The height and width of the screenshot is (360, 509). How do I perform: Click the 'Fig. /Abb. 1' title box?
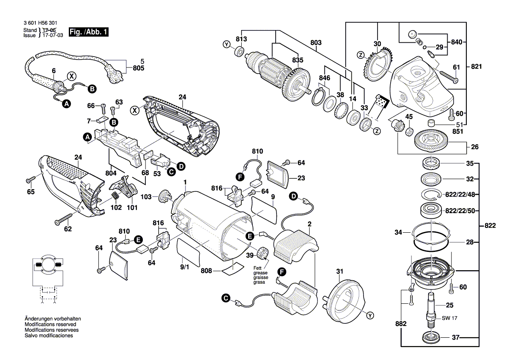click(89, 32)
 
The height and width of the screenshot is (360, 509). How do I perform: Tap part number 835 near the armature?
click(297, 60)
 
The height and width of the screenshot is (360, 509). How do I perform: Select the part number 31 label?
click(340, 271)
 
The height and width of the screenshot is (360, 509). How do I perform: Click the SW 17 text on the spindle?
click(449, 318)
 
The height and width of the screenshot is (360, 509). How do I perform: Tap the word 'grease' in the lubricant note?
click(260, 273)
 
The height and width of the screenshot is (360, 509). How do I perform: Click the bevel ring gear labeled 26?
click(432, 141)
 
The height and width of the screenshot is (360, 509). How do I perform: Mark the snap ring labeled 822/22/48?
click(431, 194)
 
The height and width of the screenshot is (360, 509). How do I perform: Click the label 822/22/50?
click(460, 211)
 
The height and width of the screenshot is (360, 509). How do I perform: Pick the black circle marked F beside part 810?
click(240, 177)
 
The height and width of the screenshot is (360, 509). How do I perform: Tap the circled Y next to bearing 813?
click(226, 44)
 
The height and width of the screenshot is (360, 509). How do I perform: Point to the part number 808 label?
click(206, 271)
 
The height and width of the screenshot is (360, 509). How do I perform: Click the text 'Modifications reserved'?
click(51, 324)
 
